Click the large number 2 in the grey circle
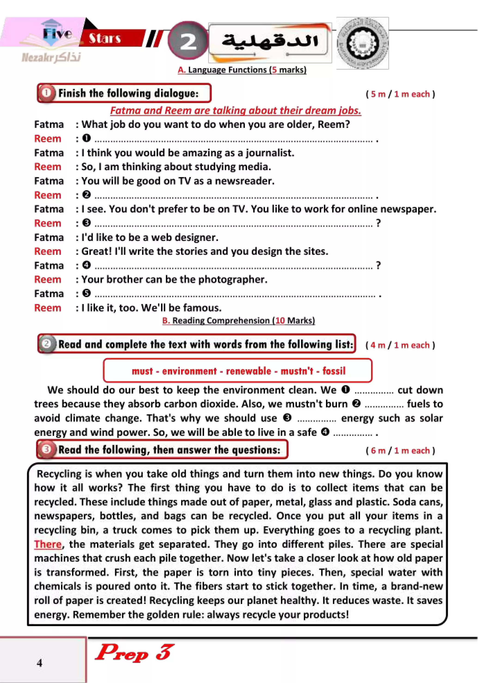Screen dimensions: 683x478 pos(188,41)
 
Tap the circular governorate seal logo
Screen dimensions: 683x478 pos(362,43)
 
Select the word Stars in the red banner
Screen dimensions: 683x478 pos(105,38)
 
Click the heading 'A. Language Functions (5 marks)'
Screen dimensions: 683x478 pos(242,70)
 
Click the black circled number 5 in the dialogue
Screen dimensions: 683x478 pos(86,293)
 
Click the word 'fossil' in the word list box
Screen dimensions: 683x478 pos(334,371)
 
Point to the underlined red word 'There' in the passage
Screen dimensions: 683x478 pos(48,544)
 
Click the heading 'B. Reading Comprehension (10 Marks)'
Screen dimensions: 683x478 pos(238,320)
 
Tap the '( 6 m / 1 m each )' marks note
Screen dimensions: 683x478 pos(400,450)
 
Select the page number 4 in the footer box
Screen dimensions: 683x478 pos(40,663)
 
